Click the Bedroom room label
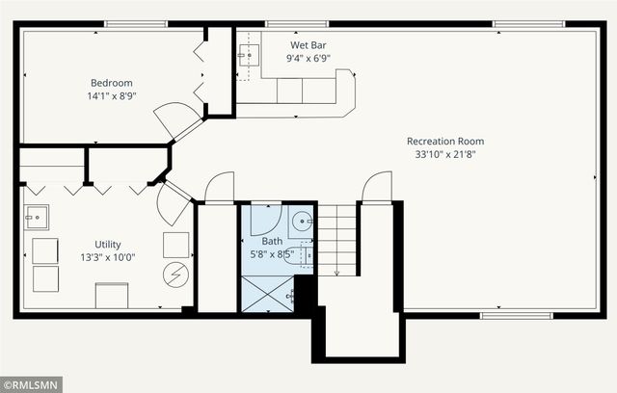click(x=112, y=83)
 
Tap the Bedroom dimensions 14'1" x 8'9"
click(x=112, y=96)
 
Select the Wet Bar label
click(x=308, y=45)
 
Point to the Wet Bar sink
click(x=250, y=56)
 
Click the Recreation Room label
click(x=445, y=141)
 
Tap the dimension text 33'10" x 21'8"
click(x=445, y=154)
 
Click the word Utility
click(x=108, y=245)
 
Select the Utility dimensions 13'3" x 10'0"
click(x=108, y=258)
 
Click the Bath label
click(x=272, y=242)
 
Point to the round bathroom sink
click(x=302, y=222)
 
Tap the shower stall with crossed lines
click(x=268, y=294)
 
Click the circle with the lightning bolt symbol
click(x=175, y=275)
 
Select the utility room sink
click(x=37, y=218)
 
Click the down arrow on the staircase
click(x=336, y=241)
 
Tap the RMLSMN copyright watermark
click(x=31, y=384)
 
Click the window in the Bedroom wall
click(x=136, y=24)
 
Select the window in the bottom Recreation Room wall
click(x=517, y=316)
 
